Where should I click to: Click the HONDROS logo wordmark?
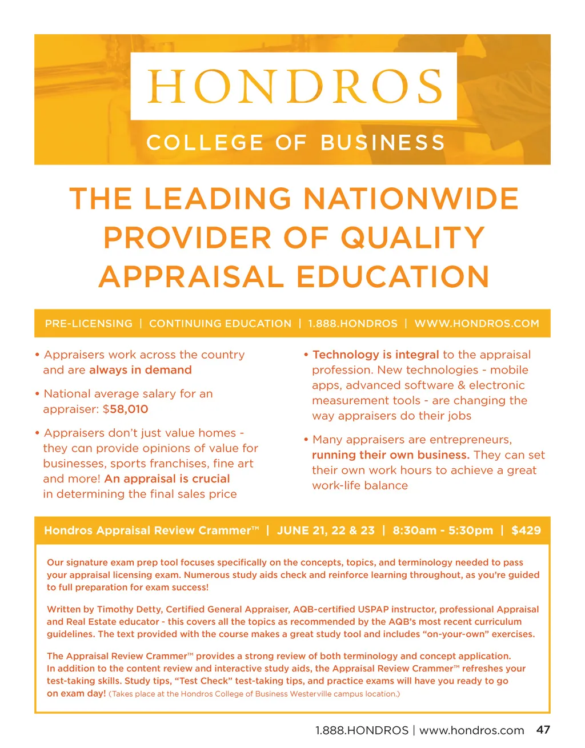tap(294, 86)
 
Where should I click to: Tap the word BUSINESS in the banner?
tap(382, 142)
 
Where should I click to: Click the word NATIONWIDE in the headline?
tap(411, 199)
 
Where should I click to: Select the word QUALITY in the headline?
tap(413, 238)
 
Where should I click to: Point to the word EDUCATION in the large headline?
tap(392, 277)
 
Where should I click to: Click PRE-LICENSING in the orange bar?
tap(89, 324)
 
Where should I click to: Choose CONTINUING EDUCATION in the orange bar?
tap(220, 324)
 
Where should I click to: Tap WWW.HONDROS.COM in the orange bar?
tap(476, 324)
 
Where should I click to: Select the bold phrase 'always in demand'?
tap(141, 370)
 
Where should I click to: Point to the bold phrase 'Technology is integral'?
tap(376, 355)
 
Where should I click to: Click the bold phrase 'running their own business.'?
tap(391, 455)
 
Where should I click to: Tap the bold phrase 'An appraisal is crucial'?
tap(167, 478)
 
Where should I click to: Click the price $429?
tap(526, 530)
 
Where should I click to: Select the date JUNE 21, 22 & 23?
tap(326, 530)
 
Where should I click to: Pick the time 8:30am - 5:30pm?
tap(443, 530)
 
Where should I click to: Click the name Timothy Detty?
tap(129, 609)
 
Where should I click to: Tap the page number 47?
tap(543, 729)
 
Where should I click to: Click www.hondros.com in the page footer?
tap(471, 730)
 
